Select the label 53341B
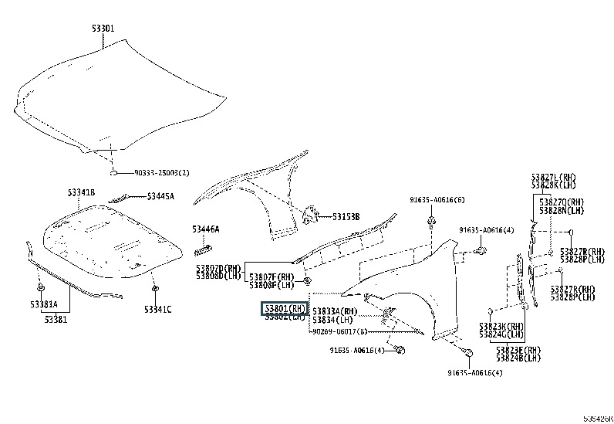(80, 192)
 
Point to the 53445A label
(160, 196)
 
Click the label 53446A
(206, 229)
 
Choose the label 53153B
(346, 216)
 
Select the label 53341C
(157, 309)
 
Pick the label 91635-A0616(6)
(437, 199)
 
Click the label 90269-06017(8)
(339, 331)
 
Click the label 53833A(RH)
(332, 310)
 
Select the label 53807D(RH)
(219, 267)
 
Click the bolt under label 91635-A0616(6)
(430, 223)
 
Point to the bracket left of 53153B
(309, 215)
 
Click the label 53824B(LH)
(518, 358)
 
